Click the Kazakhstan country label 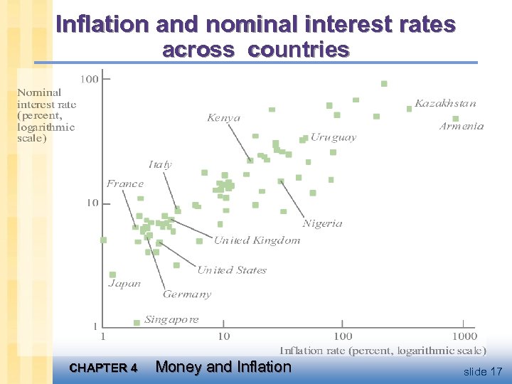point(445,103)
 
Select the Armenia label point(462,126)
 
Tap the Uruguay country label point(333,137)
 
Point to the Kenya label point(224,118)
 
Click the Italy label point(160,164)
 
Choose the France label point(125,183)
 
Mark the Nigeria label point(322,223)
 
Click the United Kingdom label point(257,240)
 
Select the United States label point(232,270)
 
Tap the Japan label point(124,283)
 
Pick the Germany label point(187,294)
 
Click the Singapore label point(171,319)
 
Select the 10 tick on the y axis point(92,203)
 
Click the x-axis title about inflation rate point(383,350)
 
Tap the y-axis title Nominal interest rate point(46,115)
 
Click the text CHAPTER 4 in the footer point(104,368)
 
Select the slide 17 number point(483,371)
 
